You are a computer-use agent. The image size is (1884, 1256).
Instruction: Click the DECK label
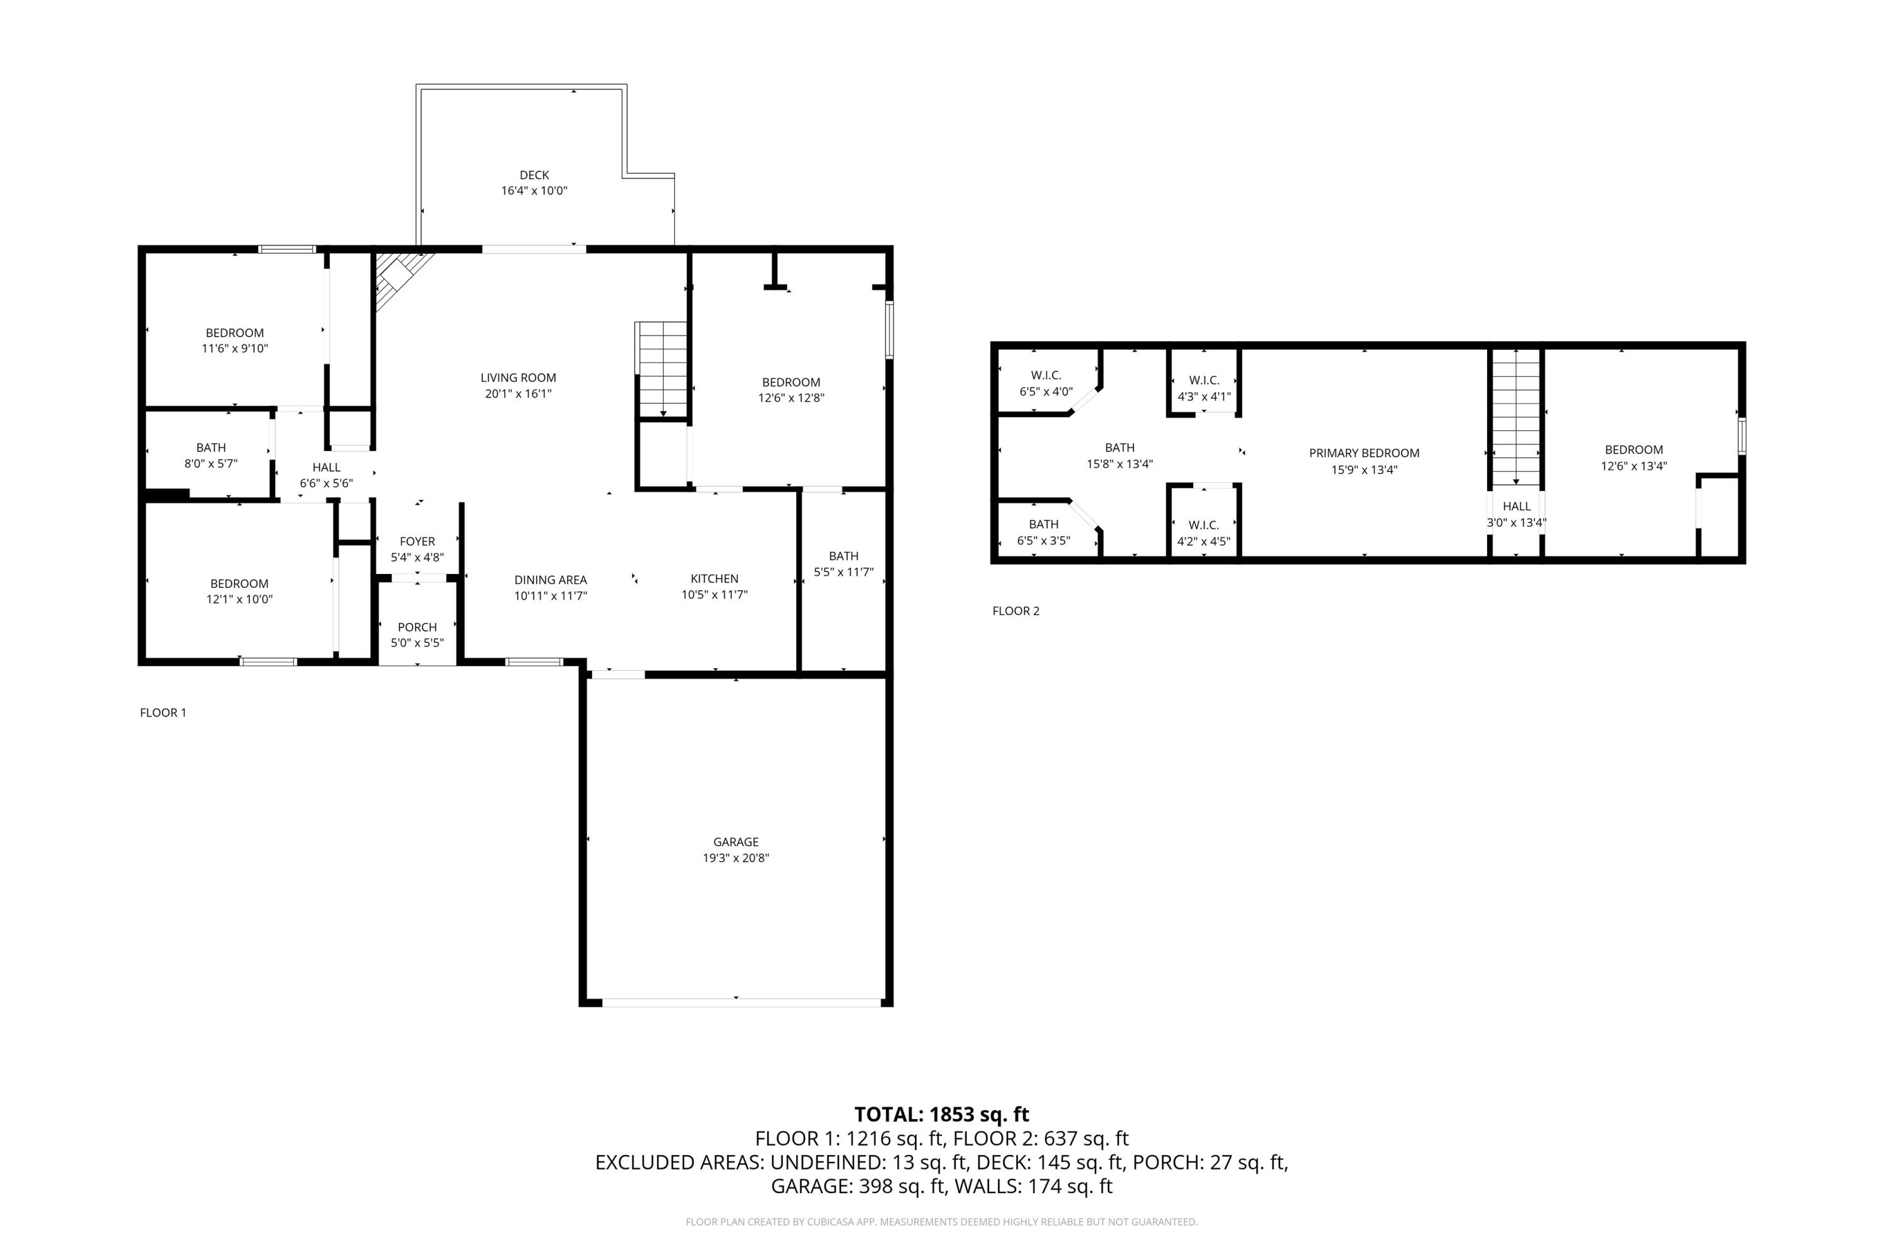[x=534, y=175]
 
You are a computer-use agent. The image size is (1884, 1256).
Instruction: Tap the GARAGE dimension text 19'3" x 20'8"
[x=736, y=858]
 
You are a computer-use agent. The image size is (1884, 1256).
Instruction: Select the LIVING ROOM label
[x=518, y=377]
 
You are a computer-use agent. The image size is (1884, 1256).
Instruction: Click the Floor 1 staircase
[x=662, y=369]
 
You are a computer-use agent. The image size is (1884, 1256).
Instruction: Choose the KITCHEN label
[x=715, y=578]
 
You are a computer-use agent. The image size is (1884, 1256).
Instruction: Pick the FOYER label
[x=418, y=541]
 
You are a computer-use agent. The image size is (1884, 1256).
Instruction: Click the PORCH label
[x=418, y=627]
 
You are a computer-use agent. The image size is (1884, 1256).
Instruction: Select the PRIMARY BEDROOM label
[x=1364, y=453]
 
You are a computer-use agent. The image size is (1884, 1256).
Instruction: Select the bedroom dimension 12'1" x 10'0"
[x=239, y=599]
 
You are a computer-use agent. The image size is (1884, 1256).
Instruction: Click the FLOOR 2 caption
[x=1015, y=611]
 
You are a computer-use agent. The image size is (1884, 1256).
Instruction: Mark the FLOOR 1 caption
[x=163, y=713]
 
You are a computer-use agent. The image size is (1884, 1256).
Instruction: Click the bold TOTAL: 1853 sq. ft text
[x=941, y=1114]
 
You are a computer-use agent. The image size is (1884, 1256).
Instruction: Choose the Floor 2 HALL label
[x=1517, y=506]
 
